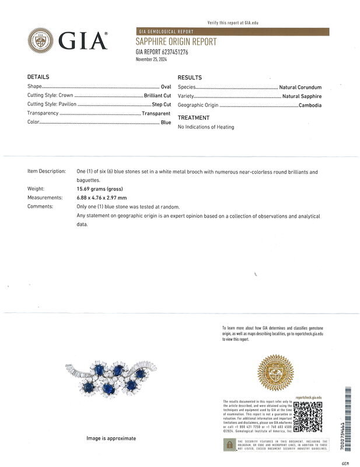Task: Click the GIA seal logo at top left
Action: (x=40, y=40)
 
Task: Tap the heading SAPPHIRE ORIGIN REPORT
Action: (x=176, y=42)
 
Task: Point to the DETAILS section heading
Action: (x=39, y=77)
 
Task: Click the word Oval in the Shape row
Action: (x=165, y=86)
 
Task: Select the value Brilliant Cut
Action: (x=157, y=95)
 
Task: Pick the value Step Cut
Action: (x=161, y=104)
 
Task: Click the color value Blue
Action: (x=166, y=123)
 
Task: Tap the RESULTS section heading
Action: (x=190, y=78)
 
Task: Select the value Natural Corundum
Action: (x=300, y=87)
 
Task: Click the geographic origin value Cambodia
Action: (x=310, y=105)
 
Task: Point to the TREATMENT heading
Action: (x=193, y=118)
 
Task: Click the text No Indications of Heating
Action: (x=206, y=127)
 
